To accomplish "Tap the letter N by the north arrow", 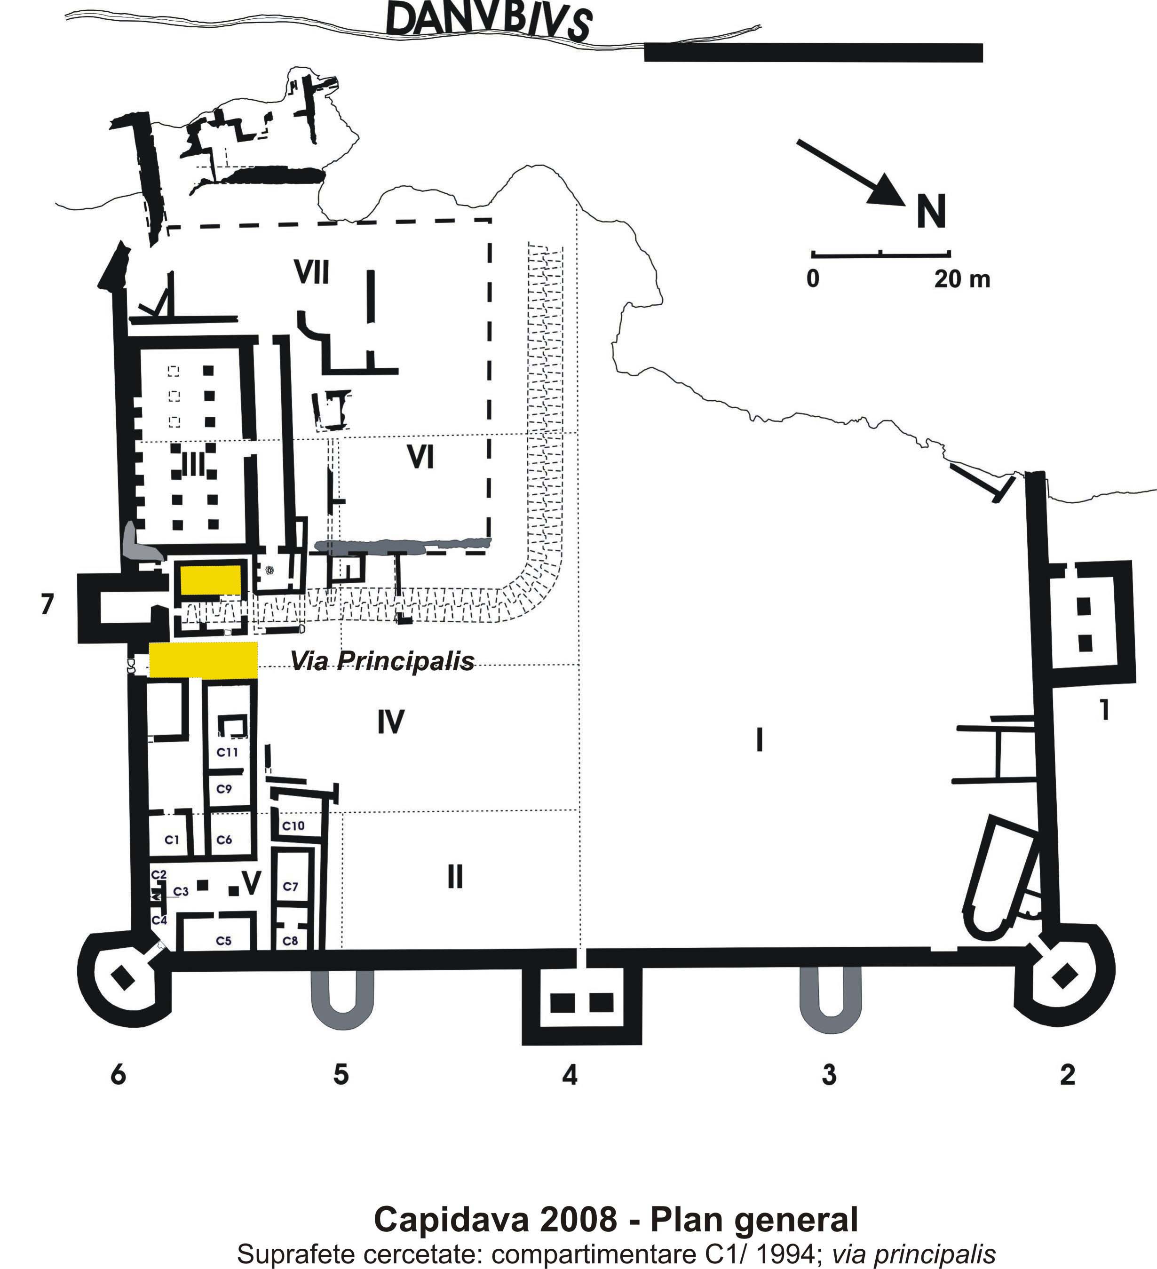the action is [931, 212].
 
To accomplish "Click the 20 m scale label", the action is [962, 279].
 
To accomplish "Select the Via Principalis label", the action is [382, 661].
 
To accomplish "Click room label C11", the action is [227, 752].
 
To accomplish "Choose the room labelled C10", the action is [293, 826].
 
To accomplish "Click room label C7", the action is [290, 886].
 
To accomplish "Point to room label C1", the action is [172, 840].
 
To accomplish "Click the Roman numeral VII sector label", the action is [312, 272].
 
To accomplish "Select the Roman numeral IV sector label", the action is [391, 722].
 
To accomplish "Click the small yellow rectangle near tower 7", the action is [211, 580].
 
